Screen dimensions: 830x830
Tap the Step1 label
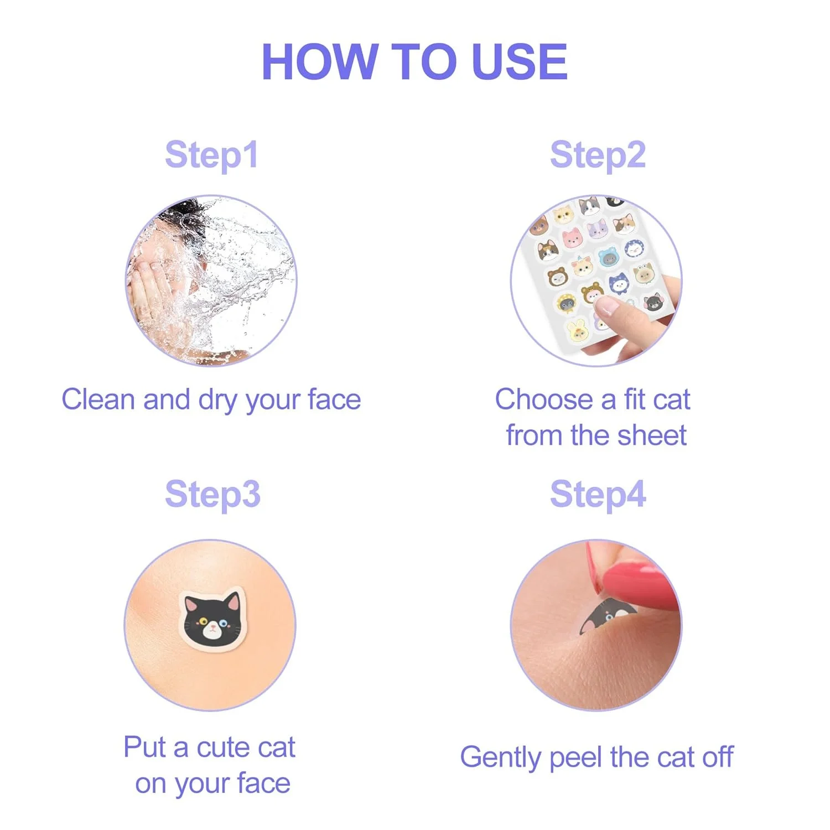point(211,155)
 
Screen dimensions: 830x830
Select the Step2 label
point(598,155)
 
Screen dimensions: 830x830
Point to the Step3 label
point(212,494)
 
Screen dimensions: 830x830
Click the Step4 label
point(598,494)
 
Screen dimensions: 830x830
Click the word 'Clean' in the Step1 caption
point(97,400)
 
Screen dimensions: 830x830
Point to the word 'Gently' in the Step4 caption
point(500,758)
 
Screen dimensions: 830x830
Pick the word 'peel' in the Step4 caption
point(575,758)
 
